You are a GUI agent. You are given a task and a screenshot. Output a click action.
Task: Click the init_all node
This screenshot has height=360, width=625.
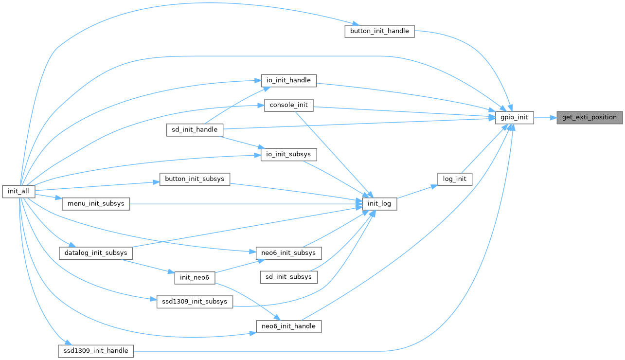click(18, 191)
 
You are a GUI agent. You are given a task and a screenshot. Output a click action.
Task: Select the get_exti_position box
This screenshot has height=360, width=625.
click(589, 117)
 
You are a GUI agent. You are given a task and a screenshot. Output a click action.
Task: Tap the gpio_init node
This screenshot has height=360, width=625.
click(515, 117)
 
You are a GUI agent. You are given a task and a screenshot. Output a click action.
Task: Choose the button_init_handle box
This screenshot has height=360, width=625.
click(379, 32)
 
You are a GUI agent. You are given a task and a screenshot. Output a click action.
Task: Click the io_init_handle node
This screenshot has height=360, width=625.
click(289, 81)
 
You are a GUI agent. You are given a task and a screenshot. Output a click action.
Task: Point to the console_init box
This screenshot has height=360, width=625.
click(289, 105)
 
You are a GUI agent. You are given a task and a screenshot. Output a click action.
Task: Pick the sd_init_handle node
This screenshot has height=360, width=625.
click(195, 130)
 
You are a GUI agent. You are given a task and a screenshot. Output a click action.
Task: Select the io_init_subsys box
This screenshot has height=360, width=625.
click(289, 155)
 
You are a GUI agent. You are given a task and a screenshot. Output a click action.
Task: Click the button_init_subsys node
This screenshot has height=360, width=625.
click(195, 179)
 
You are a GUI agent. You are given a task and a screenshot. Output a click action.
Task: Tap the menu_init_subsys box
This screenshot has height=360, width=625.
click(96, 204)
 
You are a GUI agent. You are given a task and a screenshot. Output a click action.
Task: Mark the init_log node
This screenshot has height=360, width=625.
click(379, 204)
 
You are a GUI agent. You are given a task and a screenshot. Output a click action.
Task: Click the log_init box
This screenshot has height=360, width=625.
click(455, 179)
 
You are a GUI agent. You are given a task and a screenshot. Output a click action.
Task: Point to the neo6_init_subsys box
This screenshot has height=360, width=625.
click(289, 253)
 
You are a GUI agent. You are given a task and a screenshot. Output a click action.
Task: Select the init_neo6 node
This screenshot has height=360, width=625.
click(195, 278)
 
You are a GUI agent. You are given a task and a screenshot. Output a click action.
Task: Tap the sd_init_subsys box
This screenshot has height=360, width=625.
click(289, 277)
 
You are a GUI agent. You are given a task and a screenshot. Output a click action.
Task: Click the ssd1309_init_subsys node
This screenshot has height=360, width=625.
click(195, 302)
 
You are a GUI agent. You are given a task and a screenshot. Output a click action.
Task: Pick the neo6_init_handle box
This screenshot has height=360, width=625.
click(289, 326)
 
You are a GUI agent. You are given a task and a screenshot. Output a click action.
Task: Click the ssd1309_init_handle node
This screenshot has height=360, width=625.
click(96, 351)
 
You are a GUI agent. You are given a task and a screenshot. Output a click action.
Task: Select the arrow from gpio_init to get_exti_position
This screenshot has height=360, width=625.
click(545, 117)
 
